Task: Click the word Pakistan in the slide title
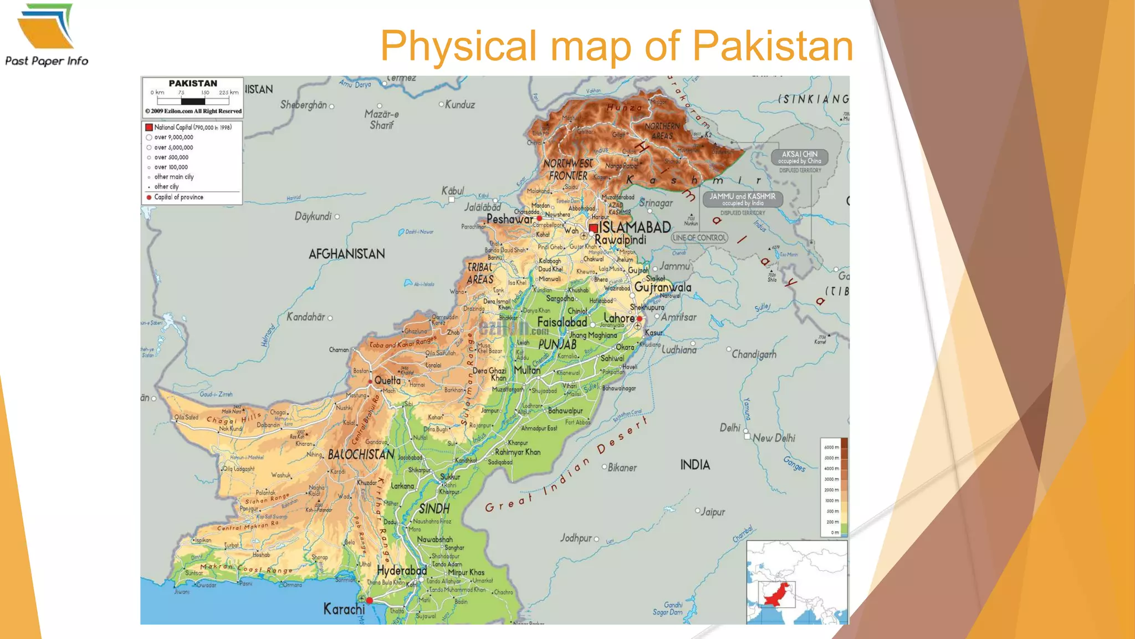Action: pos(773,46)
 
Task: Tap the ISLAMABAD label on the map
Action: pos(635,227)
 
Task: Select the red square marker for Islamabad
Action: pos(594,228)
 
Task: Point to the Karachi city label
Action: pos(344,609)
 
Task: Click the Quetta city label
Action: pos(387,381)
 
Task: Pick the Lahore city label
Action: pos(619,318)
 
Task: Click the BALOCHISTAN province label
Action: pos(361,455)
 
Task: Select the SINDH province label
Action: pos(434,509)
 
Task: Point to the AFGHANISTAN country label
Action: pos(347,254)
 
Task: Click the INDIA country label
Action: pos(695,465)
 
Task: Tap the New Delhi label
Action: pos(774,438)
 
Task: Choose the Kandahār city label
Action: pos(306,317)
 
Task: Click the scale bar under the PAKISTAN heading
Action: pos(193,101)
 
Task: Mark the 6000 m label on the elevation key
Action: pos(831,447)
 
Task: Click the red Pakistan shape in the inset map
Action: pos(778,595)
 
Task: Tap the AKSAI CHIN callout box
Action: pos(800,158)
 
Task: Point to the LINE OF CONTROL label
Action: pos(699,237)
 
